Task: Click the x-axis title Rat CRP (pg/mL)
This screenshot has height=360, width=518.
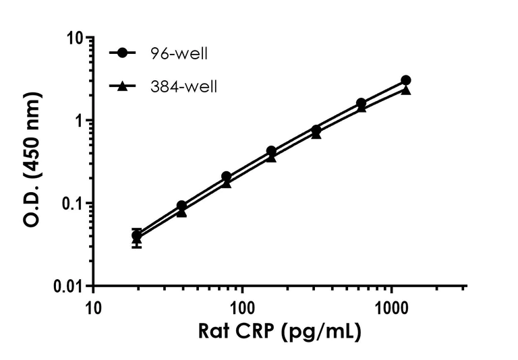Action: tap(279, 331)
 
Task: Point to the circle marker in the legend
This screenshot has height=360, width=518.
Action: tap(122, 53)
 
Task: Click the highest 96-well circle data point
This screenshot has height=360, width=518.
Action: tap(405, 80)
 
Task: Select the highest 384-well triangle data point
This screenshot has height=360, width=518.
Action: tap(405, 90)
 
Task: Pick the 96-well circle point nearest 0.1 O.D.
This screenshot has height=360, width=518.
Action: tap(181, 206)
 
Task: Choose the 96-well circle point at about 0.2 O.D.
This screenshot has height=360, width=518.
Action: tap(226, 177)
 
